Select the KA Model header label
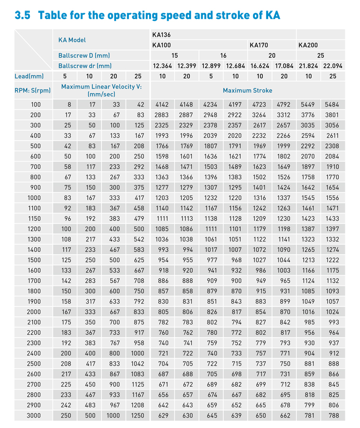pos(72,40)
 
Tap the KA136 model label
pos(162,35)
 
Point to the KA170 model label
pos(259,45)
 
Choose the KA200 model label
pos(308,45)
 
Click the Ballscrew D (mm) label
pos(84,55)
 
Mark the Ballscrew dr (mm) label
pos(85,66)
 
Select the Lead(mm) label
pos(29,76)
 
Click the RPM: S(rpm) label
pos(33,90)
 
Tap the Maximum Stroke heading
pos(247,90)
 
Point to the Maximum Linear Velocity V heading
pos(101,87)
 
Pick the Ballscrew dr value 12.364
pos(162,66)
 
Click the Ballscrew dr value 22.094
pos(333,66)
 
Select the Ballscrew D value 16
pos(223,55)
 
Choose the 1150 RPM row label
pos(36,219)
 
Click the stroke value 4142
pos(162,105)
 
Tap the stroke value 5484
pos(333,105)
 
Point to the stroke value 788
pos(333,416)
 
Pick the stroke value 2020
pos(235,136)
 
